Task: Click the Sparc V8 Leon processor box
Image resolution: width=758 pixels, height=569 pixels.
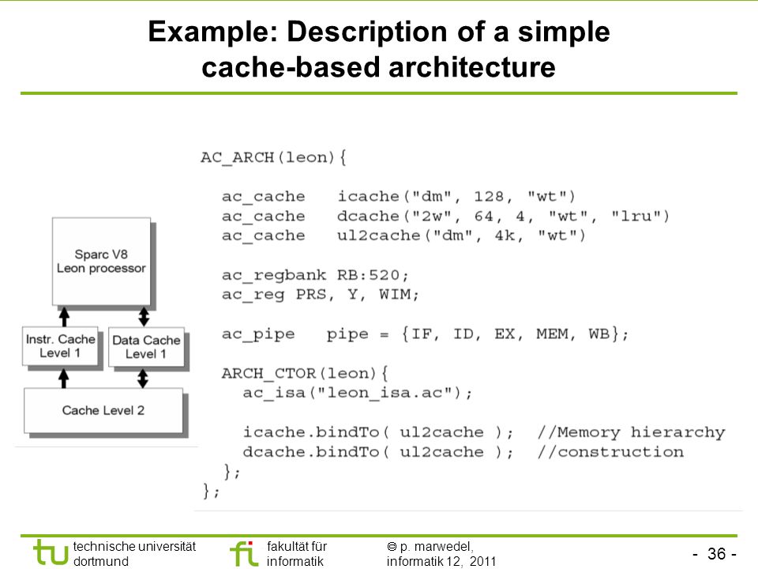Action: tap(102, 262)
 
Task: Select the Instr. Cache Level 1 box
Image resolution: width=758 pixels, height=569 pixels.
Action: tap(60, 346)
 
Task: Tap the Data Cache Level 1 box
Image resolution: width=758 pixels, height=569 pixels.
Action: tap(147, 347)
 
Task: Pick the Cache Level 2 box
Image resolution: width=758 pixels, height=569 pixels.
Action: tap(103, 410)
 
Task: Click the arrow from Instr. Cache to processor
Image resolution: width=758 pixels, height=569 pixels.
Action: tap(64, 316)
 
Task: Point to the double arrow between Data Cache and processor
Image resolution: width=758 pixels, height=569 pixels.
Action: tap(144, 316)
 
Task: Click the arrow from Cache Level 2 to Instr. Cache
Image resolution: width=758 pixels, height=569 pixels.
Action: tap(63, 378)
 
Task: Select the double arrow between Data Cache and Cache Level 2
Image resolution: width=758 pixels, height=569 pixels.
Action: tap(143, 378)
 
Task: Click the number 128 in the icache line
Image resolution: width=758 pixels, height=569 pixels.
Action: tap(488, 197)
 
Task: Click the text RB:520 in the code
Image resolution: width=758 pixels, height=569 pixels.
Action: tap(369, 275)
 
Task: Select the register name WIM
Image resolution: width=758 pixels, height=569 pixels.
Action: tap(395, 294)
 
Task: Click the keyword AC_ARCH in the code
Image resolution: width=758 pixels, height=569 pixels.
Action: tap(237, 157)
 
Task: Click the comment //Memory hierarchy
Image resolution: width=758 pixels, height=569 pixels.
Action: tap(632, 432)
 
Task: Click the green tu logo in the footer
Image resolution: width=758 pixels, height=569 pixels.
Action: tap(51, 552)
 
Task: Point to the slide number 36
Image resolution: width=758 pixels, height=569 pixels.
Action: tap(716, 553)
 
